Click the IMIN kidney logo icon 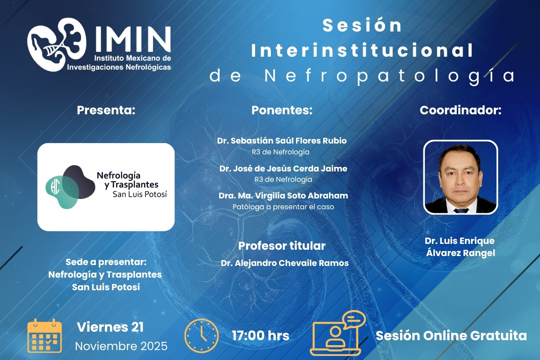click(57, 45)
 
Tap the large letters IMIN click(133, 39)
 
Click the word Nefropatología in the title click(390, 76)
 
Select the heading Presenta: click(106, 110)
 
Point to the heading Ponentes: click(282, 110)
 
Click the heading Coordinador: click(460, 110)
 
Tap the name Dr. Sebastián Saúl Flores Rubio click(282, 140)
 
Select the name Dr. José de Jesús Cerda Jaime click(283, 168)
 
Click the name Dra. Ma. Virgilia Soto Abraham click(283, 196)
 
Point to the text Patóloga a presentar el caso click(283, 207)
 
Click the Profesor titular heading click(282, 246)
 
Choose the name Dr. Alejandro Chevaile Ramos click(285, 263)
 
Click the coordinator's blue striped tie click(461, 211)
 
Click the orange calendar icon click(45, 336)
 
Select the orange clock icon click(202, 336)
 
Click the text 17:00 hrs click(261, 336)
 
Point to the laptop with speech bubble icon click(337, 333)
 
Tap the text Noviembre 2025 click(121, 346)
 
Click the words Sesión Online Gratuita click(451, 336)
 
